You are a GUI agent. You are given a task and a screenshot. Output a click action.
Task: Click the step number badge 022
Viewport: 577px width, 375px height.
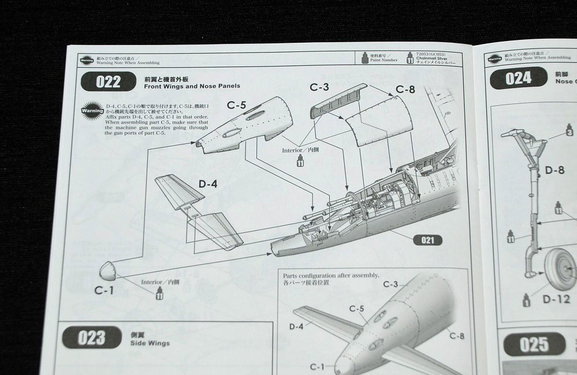click(105, 81)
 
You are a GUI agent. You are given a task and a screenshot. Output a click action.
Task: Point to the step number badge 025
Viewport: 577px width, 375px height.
click(534, 344)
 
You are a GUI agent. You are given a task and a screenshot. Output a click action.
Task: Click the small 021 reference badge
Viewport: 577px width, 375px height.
click(427, 239)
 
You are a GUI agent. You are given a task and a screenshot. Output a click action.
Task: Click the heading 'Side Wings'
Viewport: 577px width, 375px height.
click(151, 343)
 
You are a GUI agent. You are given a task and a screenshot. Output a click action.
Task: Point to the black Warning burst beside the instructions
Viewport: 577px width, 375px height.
click(93, 110)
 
